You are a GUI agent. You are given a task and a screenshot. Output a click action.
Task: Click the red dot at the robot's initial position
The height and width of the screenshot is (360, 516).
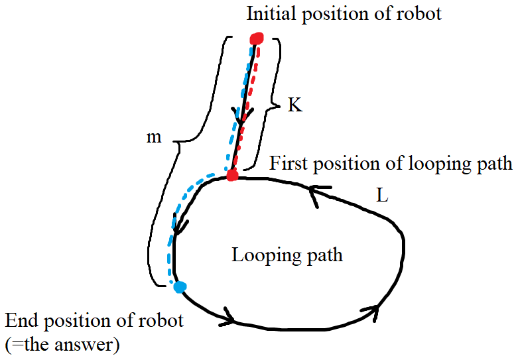pyautogui.click(x=257, y=39)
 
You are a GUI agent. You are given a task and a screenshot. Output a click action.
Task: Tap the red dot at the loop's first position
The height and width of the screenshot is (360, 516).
pyautogui.click(x=231, y=176)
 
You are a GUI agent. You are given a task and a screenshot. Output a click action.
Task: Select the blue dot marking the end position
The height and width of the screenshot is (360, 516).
pyautogui.click(x=178, y=286)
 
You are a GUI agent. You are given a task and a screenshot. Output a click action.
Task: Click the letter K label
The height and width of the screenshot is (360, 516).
pyautogui.click(x=294, y=105)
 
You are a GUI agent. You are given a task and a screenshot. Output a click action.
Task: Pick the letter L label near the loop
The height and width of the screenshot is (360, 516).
pyautogui.click(x=381, y=197)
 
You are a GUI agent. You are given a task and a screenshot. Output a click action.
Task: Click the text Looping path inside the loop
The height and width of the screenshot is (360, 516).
pyautogui.click(x=287, y=255)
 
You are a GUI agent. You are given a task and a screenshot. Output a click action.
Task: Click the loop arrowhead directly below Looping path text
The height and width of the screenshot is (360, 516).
pyautogui.click(x=229, y=318)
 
